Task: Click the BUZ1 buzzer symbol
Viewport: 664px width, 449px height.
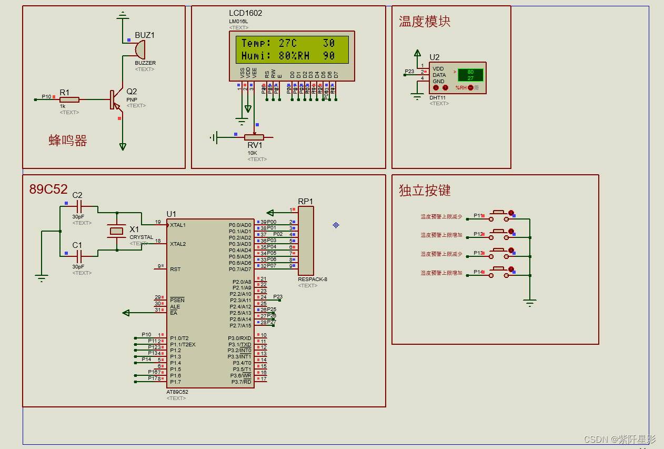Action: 140,50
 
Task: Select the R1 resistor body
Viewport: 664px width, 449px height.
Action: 69,99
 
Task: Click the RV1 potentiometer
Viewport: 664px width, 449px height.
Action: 254,137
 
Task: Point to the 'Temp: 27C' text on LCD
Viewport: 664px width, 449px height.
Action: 269,43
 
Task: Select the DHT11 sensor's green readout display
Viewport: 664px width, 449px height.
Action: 470,75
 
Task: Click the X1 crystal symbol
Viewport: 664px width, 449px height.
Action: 116,231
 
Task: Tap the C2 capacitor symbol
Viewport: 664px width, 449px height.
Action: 78,207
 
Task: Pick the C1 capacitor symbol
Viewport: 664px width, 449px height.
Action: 78,257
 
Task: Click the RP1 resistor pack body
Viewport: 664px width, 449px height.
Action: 306,240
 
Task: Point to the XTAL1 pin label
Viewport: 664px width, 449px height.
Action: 178,225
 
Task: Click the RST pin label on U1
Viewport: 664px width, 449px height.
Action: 175,270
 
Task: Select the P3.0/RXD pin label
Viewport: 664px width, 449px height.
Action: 239,338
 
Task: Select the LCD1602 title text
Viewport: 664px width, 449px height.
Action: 245,13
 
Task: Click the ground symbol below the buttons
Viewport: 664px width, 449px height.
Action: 530,303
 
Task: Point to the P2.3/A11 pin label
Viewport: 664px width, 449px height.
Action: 240,301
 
